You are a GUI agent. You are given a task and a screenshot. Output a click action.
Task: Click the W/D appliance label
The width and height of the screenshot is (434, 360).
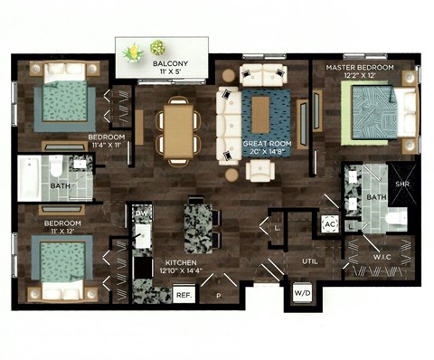click(301, 293)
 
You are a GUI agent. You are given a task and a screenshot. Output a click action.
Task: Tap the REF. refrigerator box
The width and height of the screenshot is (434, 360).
click(184, 295)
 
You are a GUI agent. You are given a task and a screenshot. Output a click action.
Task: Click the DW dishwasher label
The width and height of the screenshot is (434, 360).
click(141, 213)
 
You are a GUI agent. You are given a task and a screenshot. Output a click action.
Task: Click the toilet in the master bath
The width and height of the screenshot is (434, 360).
click(394, 217)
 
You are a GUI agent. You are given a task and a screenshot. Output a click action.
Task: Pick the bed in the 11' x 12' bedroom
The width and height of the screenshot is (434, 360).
click(60, 262)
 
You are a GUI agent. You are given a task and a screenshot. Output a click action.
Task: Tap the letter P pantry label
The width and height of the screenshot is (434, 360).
click(218, 295)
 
